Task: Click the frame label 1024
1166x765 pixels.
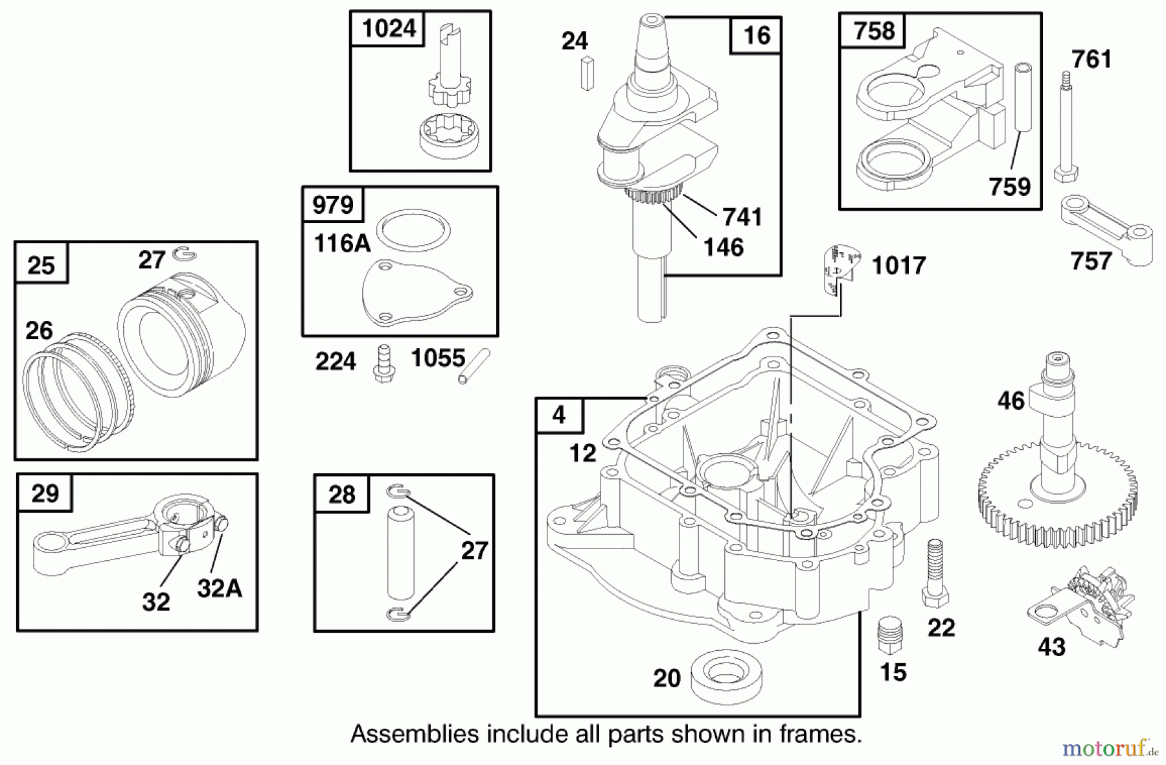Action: pyautogui.click(x=388, y=29)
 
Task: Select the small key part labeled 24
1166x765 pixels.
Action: pyautogui.click(x=587, y=73)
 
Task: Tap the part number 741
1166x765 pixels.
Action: pyautogui.click(x=742, y=217)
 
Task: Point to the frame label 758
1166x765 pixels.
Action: pyautogui.click(x=873, y=30)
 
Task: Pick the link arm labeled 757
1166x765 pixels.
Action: pyautogui.click(x=1107, y=231)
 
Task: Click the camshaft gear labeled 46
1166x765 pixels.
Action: pyautogui.click(x=1057, y=473)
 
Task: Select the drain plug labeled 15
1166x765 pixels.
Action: pyautogui.click(x=889, y=635)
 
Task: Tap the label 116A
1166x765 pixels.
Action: pyautogui.click(x=342, y=244)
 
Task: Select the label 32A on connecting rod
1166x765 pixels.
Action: pyautogui.click(x=219, y=588)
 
